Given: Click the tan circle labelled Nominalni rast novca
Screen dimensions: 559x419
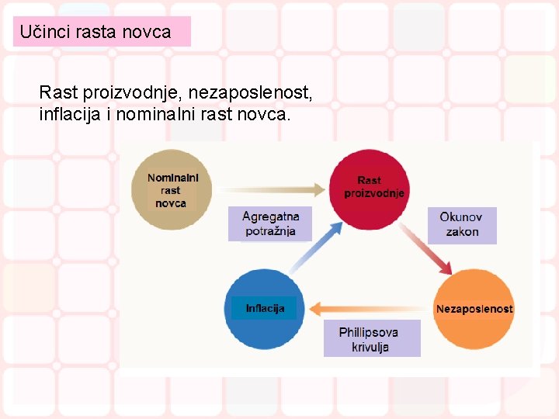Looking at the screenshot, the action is click(171, 189).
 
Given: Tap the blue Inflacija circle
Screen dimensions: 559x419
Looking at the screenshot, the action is click(265, 308).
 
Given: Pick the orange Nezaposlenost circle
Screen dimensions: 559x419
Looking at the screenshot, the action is click(474, 308).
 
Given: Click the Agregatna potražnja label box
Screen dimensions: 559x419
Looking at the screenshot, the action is click(270, 223).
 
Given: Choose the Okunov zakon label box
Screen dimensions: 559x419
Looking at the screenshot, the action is click(463, 224).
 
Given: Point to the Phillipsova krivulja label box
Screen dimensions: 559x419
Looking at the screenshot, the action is click(370, 339).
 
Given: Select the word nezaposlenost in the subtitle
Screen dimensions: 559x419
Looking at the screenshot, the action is click(259, 93).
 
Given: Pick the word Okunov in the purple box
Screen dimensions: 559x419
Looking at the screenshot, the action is click(461, 217).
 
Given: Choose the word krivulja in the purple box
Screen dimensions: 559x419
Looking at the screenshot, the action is click(370, 347).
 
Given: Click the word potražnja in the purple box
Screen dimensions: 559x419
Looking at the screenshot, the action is click(270, 231).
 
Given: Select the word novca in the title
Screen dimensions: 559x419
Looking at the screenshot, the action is click(146, 32).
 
